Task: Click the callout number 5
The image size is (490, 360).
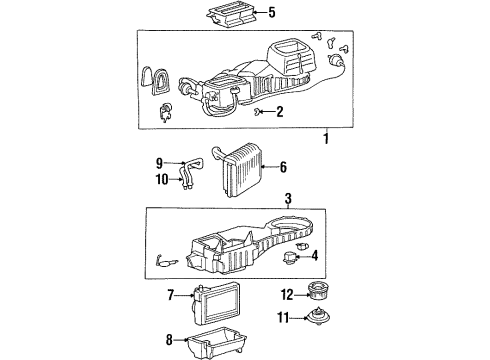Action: click(x=272, y=13)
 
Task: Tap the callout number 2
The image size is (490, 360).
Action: click(x=280, y=112)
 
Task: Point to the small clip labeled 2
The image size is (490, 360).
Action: click(x=258, y=111)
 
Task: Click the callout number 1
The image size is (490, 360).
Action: click(x=326, y=138)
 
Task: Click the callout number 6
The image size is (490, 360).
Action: click(x=283, y=167)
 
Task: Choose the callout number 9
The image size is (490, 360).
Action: click(x=159, y=163)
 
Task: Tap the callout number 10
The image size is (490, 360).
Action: click(x=162, y=180)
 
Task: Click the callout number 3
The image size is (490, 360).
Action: click(x=288, y=199)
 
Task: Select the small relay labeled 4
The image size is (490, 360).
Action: click(x=289, y=258)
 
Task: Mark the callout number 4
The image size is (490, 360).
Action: click(x=314, y=256)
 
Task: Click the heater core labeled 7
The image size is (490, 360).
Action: click(x=216, y=304)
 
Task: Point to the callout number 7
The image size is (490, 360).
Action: click(x=171, y=295)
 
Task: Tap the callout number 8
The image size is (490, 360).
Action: click(x=169, y=340)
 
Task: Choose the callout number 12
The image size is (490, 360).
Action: click(x=287, y=295)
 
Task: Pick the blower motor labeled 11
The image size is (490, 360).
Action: click(x=318, y=316)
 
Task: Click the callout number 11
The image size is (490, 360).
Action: click(x=283, y=318)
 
